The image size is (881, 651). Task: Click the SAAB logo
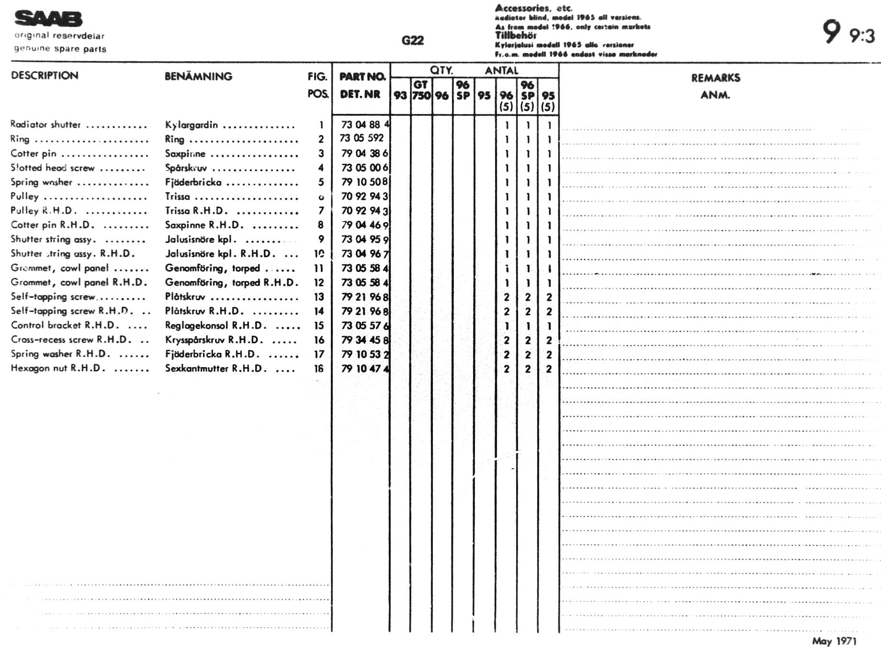pos(48,19)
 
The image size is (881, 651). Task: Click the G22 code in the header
pos(413,40)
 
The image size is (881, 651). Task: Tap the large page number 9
pos(831,32)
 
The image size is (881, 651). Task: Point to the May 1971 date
pos(834,641)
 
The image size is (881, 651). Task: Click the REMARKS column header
pos(715,78)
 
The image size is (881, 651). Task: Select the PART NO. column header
pos(362,77)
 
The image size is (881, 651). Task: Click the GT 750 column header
pos(421,90)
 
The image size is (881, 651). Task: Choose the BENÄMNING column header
pos(198,76)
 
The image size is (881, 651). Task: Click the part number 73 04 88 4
pos(365,124)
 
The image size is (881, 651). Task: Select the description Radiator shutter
pos(45,124)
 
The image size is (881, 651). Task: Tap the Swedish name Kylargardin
pos(191,125)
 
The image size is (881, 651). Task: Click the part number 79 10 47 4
pos(365,369)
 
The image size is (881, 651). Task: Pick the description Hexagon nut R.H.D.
pos(57,368)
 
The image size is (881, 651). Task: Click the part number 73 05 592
pos(361,138)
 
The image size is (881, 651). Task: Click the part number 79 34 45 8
pos(365,340)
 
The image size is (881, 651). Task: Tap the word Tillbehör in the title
pos(516,35)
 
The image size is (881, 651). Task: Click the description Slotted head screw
pos(53,168)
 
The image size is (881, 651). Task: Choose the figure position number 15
pos(319,325)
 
